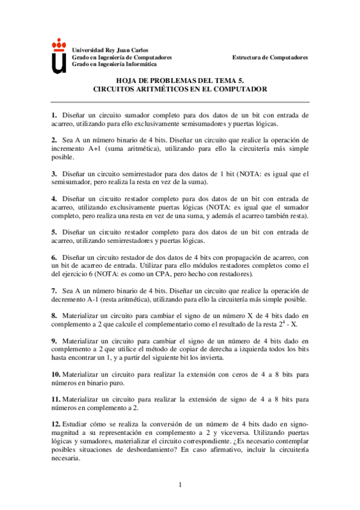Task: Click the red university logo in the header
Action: pyautogui.click(x=59, y=55)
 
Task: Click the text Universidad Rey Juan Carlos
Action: pyautogui.click(x=110, y=49)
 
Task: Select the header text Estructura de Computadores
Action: pyautogui.click(x=270, y=57)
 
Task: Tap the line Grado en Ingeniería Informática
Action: pyautogui.click(x=114, y=64)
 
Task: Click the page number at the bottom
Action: pyautogui.click(x=180, y=485)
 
